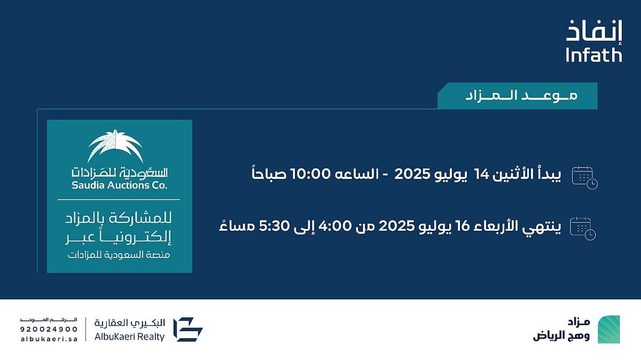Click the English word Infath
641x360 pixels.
point(594,55)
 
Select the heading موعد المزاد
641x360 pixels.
point(521,95)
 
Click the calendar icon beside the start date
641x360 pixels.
point(584,178)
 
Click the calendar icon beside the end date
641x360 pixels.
point(583,229)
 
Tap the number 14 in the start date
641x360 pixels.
point(481,174)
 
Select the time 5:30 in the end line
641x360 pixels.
point(274,226)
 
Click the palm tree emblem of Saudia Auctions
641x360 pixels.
point(115,146)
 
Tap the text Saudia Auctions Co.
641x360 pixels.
point(119,185)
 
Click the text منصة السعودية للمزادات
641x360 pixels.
point(119,255)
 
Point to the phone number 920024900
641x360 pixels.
point(49,330)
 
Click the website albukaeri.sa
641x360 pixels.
point(49,339)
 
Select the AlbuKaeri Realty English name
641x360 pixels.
point(129,337)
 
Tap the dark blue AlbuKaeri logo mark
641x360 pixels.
point(188,330)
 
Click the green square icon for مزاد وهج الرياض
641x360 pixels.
point(608,330)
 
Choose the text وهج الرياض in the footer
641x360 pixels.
point(561,335)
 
